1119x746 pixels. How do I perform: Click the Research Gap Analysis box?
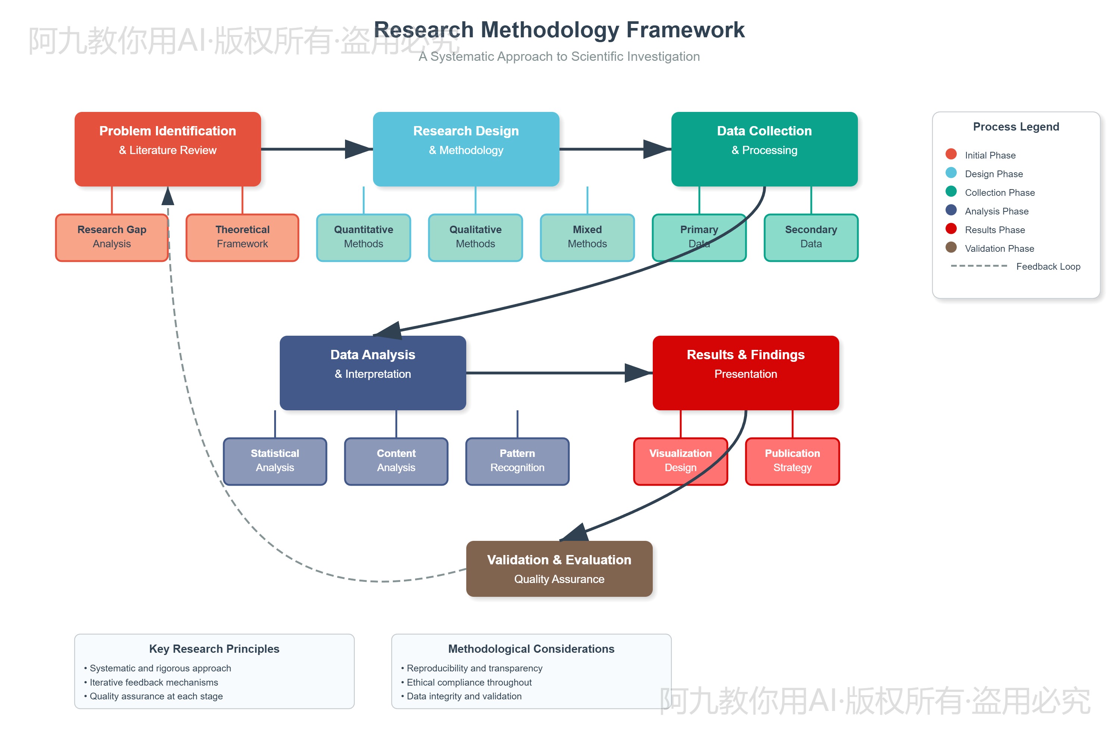pos(112,237)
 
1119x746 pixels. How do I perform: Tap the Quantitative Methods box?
pos(363,237)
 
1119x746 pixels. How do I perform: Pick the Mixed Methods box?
pos(587,237)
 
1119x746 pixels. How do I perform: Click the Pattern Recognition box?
pos(517,461)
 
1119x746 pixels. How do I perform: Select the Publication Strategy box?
pos(792,461)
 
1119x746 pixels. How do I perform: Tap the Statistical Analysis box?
pos(275,461)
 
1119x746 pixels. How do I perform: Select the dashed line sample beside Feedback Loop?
pos(979,266)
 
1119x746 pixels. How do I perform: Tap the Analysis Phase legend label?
pos(996,211)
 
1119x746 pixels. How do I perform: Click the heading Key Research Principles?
pos(214,649)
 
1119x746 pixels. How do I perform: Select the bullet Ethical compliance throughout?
pos(468,682)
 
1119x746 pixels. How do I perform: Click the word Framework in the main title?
pos(685,30)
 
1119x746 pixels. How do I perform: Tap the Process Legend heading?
pos(1016,126)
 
